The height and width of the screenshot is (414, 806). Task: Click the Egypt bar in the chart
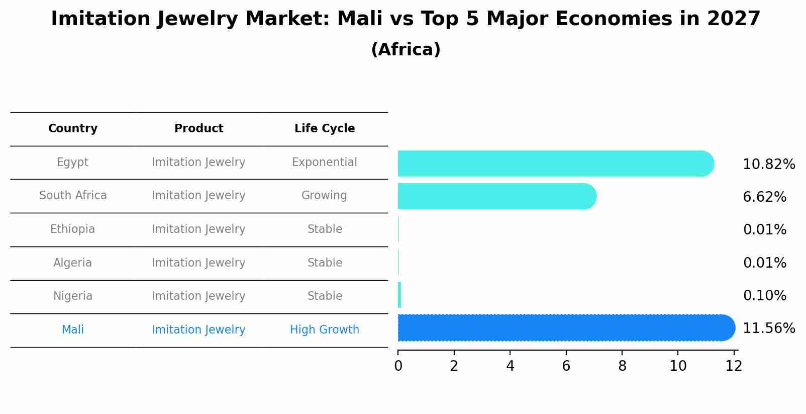click(x=553, y=163)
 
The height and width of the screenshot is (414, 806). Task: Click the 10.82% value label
click(x=768, y=164)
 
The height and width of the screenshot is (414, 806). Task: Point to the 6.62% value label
click(x=764, y=197)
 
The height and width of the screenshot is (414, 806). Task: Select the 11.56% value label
click(x=768, y=328)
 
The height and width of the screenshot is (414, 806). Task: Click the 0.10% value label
click(x=764, y=296)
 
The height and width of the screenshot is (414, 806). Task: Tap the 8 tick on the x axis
click(x=622, y=366)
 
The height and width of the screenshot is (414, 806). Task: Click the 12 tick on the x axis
click(x=734, y=366)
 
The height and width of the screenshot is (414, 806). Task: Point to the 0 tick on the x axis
click(x=398, y=366)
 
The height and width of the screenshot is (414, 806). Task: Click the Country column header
click(x=73, y=129)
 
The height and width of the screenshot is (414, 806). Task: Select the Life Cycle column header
click(x=325, y=129)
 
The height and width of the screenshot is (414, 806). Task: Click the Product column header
click(x=198, y=129)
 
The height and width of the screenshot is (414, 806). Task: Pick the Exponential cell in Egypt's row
click(x=324, y=162)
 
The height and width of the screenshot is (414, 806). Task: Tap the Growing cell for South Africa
click(x=324, y=196)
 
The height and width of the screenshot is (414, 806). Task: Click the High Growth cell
click(x=324, y=330)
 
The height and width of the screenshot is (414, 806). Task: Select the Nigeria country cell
click(x=73, y=296)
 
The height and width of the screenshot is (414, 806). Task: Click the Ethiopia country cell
click(x=73, y=229)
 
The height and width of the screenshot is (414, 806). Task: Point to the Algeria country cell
click(x=73, y=263)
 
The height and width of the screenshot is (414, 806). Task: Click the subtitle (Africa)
click(x=406, y=50)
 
